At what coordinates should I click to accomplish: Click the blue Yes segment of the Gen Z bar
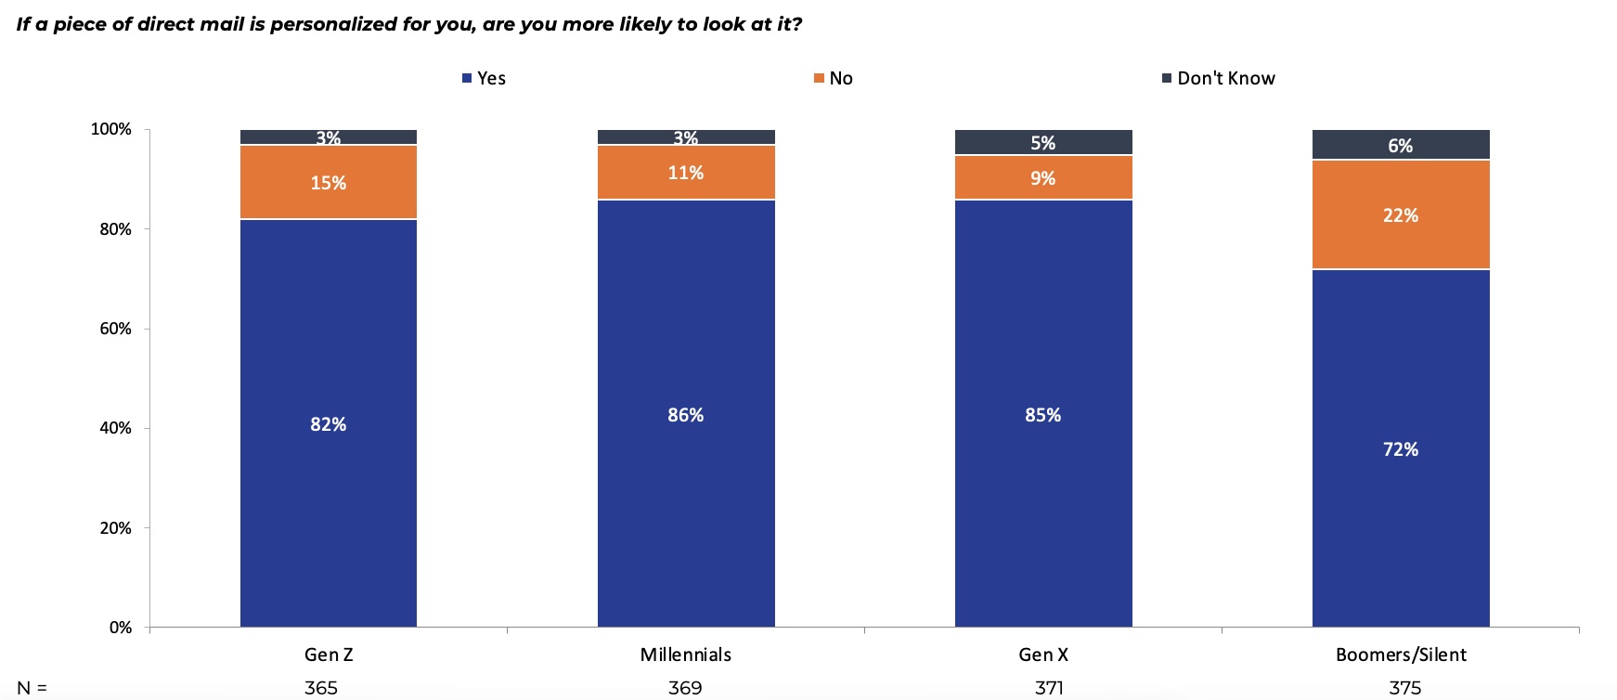pyautogui.click(x=329, y=423)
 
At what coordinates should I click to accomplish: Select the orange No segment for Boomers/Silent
pyautogui.click(x=1401, y=215)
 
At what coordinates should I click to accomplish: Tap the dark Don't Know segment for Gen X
pyautogui.click(x=1043, y=142)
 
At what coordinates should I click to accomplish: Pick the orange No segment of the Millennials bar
pyautogui.click(x=686, y=173)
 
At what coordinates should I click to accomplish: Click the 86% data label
pyautogui.click(x=686, y=415)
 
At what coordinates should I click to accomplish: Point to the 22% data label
pyautogui.click(x=1401, y=215)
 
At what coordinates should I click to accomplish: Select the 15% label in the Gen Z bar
pyautogui.click(x=329, y=183)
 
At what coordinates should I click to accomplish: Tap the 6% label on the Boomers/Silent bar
pyautogui.click(x=1401, y=146)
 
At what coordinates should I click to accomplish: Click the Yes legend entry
pyautogui.click(x=484, y=78)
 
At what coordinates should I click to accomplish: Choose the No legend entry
pyautogui.click(x=834, y=78)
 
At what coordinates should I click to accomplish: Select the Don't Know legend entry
pyautogui.click(x=1219, y=78)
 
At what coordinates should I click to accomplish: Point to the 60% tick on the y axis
pyautogui.click(x=116, y=329)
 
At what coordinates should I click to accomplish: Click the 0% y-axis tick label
pyautogui.click(x=121, y=628)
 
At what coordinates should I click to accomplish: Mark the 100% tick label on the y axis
pyautogui.click(x=111, y=129)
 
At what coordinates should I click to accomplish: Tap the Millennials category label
pyautogui.click(x=686, y=655)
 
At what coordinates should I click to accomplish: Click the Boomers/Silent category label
pyautogui.click(x=1401, y=655)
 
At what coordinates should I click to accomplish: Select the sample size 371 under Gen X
pyautogui.click(x=1050, y=688)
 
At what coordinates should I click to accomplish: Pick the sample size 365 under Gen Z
pyautogui.click(x=321, y=688)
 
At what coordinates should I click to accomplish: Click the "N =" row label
pyautogui.click(x=32, y=688)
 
